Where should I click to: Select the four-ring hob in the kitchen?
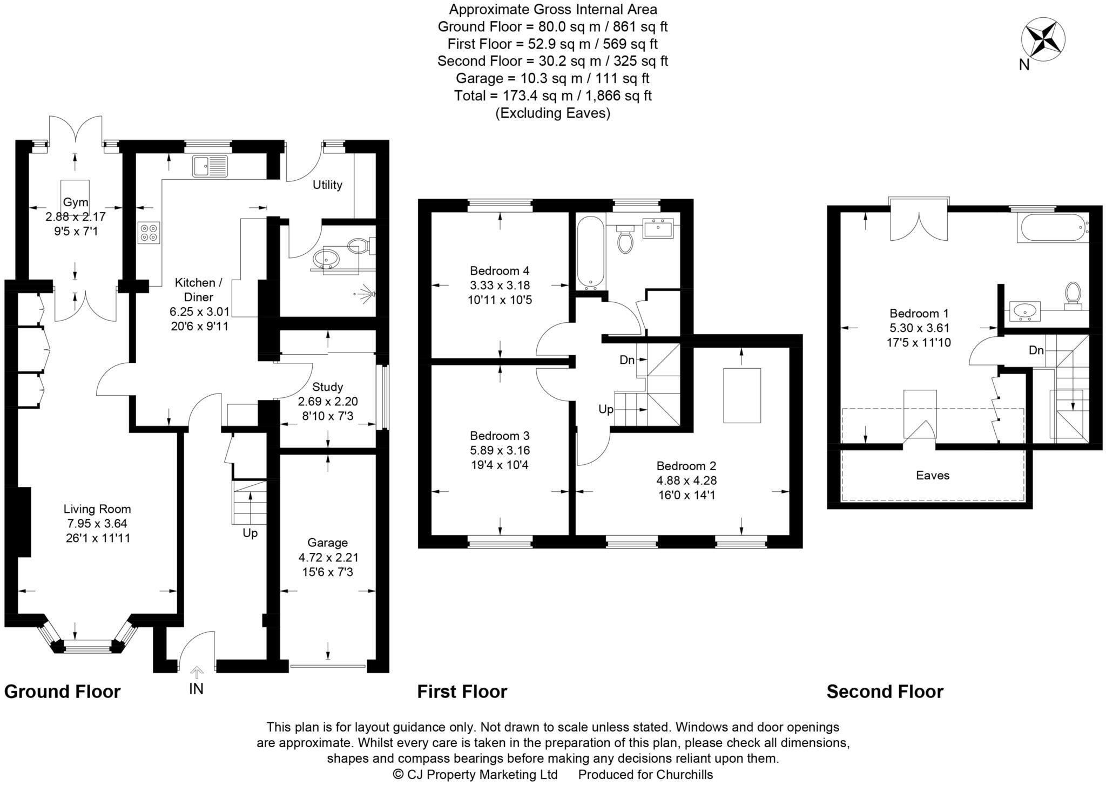pos(149,233)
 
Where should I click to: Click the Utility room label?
pos(327,185)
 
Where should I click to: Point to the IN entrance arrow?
pos(197,673)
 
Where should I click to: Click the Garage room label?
pos(327,543)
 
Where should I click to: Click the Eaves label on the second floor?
pos(932,475)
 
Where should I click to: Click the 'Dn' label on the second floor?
pos(1036,350)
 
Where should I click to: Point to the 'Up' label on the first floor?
pos(606,409)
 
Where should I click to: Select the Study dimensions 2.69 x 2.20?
pos(328,401)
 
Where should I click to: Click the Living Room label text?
pos(97,509)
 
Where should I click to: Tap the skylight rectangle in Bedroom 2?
pos(741,395)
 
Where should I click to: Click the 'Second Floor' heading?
pos(885,692)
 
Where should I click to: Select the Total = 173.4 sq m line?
pos(552,96)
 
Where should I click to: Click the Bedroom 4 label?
pos(500,270)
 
